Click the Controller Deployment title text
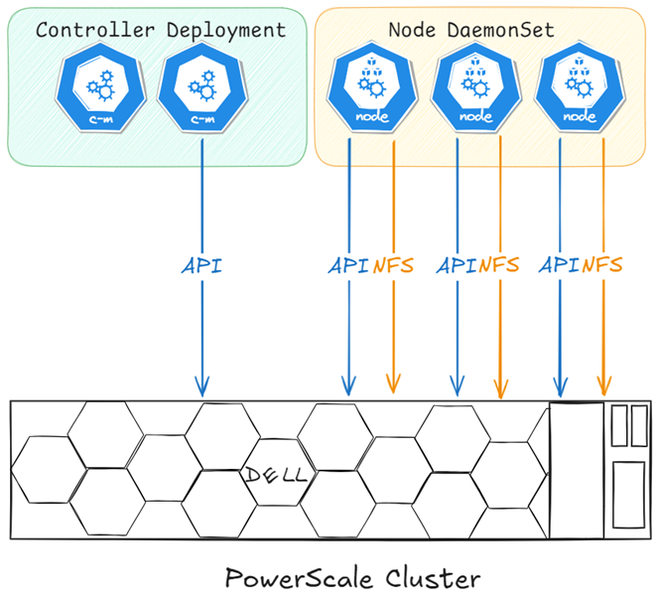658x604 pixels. point(161,30)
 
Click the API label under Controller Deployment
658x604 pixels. point(202,265)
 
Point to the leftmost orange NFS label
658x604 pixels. point(393,265)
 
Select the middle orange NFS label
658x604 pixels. point(500,265)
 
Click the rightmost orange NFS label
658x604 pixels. point(602,265)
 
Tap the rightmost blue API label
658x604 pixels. point(560,265)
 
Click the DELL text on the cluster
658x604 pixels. point(278,476)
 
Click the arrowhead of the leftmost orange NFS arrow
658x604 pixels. point(393,385)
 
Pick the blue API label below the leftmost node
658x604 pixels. point(349,265)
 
